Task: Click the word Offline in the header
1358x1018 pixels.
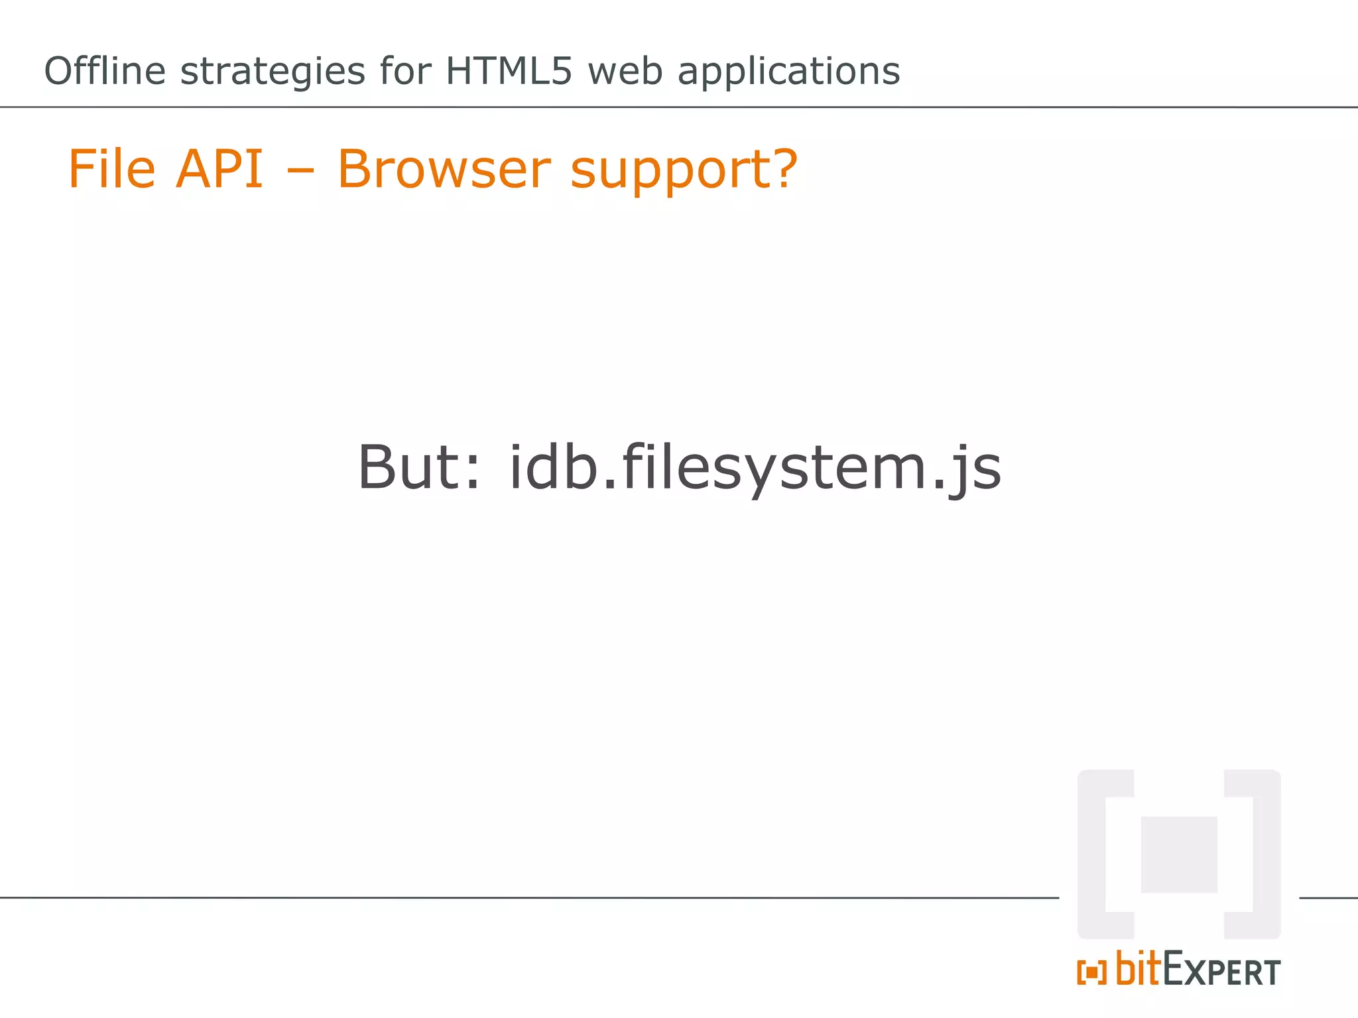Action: [105, 71]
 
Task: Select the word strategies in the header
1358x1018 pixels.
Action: [273, 72]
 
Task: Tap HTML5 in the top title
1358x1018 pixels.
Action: [508, 71]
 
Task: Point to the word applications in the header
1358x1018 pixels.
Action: [788, 72]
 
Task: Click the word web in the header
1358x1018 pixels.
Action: [625, 71]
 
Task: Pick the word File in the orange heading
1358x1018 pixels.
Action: [112, 169]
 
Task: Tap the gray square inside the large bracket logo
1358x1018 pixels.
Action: [1178, 854]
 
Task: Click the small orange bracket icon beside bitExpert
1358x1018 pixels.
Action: [1091, 973]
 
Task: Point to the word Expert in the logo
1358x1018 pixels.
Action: [1221, 970]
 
